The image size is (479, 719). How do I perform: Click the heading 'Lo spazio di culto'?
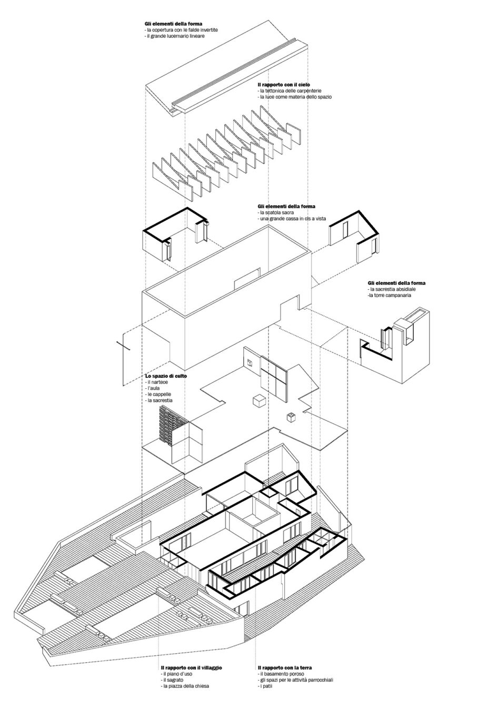click(166, 376)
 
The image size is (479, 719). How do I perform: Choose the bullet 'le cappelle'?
click(159, 394)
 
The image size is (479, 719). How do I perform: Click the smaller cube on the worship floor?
click(291, 418)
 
